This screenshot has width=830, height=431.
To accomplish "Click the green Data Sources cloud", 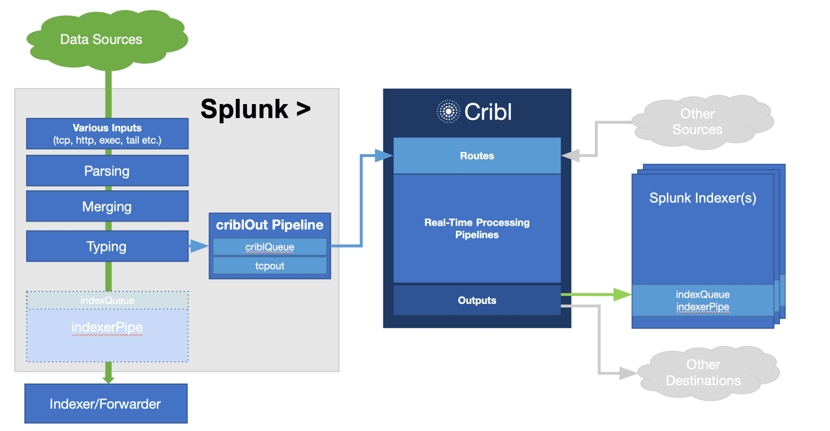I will (101, 39).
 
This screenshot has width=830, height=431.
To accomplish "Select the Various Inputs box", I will (107, 134).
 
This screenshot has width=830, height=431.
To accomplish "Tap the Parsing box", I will (107, 171).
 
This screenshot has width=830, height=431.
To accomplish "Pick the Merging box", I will (107, 206).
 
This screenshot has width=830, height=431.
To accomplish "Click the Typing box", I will (107, 246).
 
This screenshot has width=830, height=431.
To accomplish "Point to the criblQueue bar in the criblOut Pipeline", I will (270, 247).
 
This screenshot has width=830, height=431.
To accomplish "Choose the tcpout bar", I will (270, 266).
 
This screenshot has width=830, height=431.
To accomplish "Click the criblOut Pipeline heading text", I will (270, 225).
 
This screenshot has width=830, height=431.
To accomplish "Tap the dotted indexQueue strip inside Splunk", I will (107, 301).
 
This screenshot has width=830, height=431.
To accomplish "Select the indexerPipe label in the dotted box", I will (107, 327).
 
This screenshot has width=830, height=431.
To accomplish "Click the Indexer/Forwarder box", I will (105, 403).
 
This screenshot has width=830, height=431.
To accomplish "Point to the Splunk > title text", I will (255, 109).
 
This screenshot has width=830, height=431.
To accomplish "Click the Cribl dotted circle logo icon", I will (448, 111).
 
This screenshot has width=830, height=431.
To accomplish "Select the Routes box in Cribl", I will (477, 156).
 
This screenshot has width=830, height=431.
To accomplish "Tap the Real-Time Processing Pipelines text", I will (477, 228).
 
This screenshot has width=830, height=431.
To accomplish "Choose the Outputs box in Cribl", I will (477, 300).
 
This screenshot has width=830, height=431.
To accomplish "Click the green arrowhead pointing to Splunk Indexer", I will (622, 294).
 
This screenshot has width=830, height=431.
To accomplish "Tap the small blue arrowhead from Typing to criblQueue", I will (199, 246).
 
